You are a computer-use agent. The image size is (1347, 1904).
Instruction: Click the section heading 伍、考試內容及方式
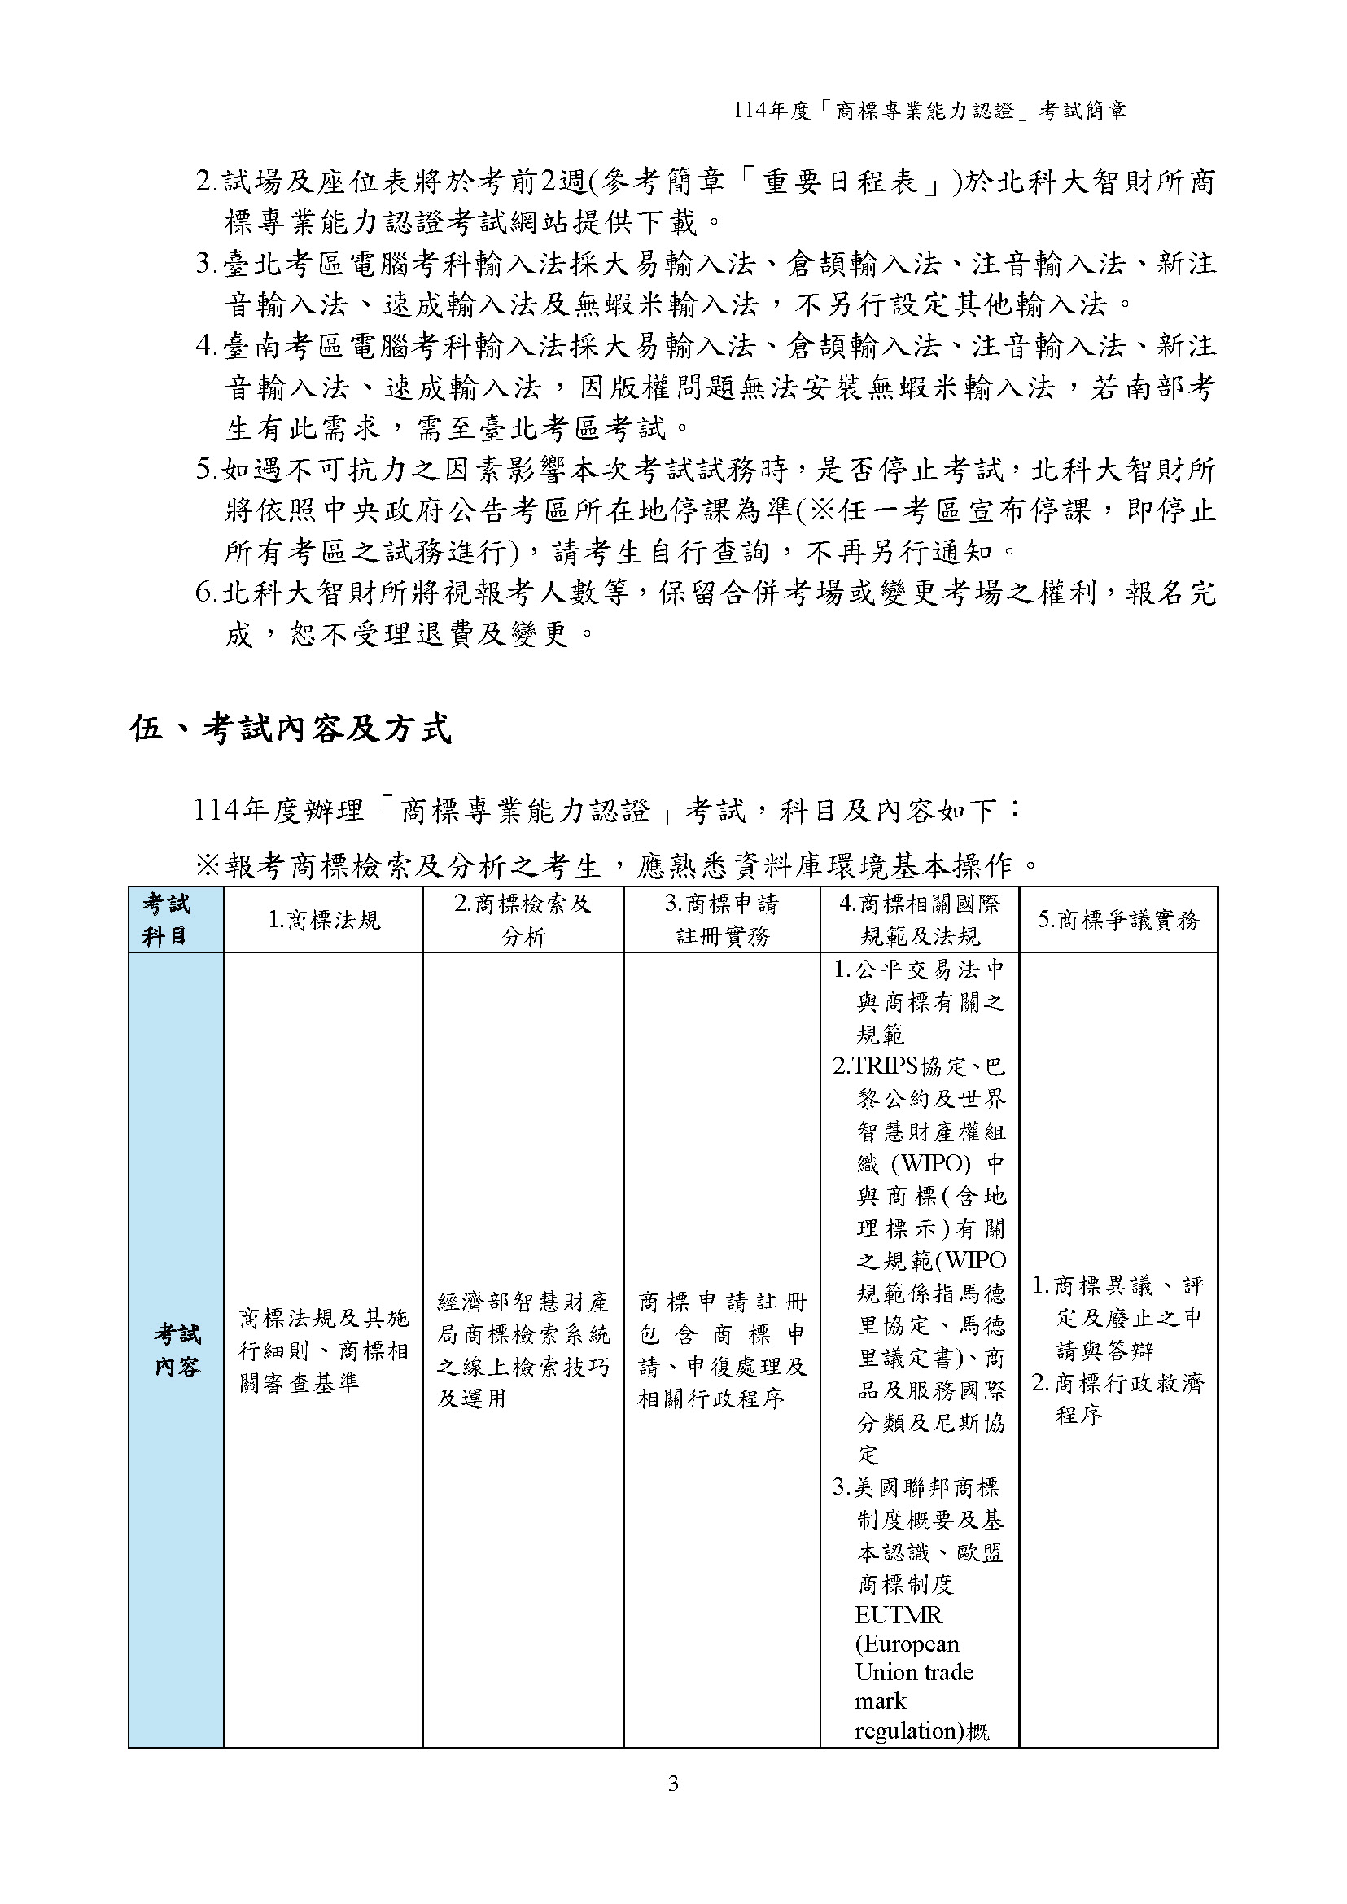pos(291,729)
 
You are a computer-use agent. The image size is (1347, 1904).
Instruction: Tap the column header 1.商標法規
pos(323,919)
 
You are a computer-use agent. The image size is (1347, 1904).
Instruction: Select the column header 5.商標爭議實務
pos(1118,919)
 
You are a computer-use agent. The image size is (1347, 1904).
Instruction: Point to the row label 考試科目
pos(166,919)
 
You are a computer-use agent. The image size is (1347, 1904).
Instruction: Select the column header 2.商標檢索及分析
pos(523,919)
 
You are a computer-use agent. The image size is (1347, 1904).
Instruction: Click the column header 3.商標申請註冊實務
pos(722,919)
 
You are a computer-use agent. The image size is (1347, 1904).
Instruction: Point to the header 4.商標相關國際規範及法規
pos(920,919)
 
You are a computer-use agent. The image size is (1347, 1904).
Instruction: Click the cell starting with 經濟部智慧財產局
pos(523,1350)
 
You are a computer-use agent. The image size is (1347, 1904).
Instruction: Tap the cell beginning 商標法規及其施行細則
pos(323,1350)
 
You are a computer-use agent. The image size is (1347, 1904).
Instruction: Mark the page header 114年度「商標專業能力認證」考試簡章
pos(929,111)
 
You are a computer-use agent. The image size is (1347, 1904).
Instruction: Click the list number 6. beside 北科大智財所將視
pos(207,593)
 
